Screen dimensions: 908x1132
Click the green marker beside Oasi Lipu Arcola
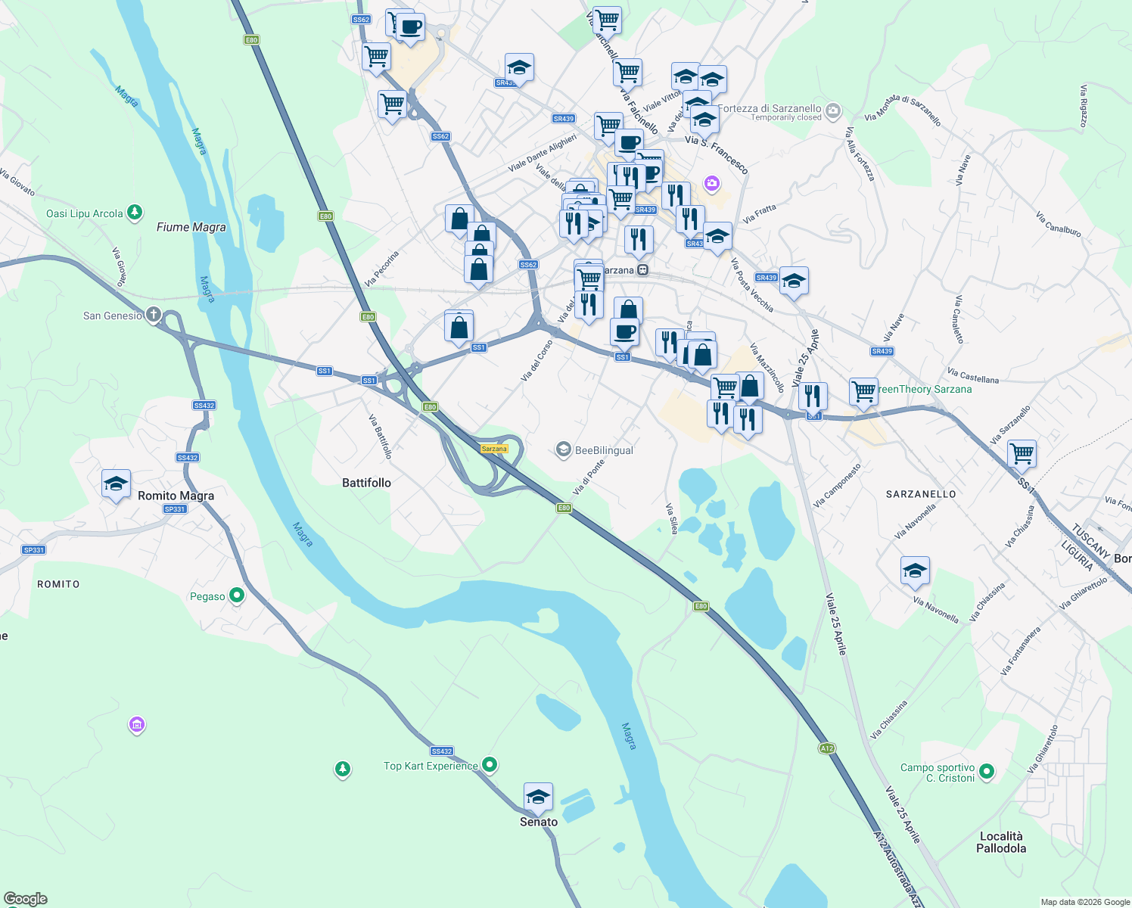click(135, 213)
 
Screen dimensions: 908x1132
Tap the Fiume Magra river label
click(191, 227)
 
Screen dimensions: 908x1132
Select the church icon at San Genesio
click(153, 315)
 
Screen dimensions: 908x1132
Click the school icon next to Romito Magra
click(116, 484)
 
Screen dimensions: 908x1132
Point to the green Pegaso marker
click(237, 596)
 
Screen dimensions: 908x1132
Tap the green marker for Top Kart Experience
click(490, 765)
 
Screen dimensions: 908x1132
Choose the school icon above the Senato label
click(538, 797)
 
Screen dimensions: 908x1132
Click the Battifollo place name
click(366, 483)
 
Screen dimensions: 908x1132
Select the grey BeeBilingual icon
click(563, 450)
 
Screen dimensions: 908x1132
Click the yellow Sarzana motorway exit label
click(494, 449)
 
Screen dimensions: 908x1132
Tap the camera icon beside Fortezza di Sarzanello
click(833, 112)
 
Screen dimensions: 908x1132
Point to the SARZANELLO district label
click(921, 494)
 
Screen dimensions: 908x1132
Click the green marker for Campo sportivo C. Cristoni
click(986, 772)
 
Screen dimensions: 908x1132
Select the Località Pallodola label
click(1001, 842)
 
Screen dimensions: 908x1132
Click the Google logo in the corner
click(26, 899)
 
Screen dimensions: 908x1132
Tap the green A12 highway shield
click(826, 748)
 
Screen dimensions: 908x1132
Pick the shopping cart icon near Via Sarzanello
click(1022, 454)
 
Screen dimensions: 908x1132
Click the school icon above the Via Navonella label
click(915, 571)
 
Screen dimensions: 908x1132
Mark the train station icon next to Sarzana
click(642, 270)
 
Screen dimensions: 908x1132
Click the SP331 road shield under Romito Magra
click(175, 509)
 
